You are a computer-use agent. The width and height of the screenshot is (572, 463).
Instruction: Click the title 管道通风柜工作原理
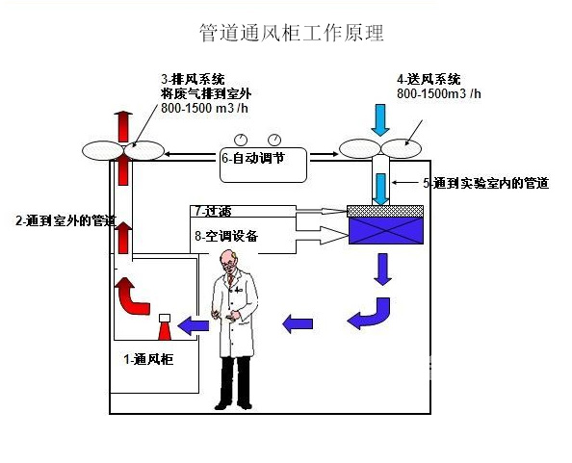pos(291,34)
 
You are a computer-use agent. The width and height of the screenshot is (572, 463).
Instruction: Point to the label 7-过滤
pos(213,210)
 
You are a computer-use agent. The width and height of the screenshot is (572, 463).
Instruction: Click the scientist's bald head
pos(227,260)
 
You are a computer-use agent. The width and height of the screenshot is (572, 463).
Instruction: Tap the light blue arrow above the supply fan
pos(382,117)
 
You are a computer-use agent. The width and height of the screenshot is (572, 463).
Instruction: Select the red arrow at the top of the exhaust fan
pos(122,124)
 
